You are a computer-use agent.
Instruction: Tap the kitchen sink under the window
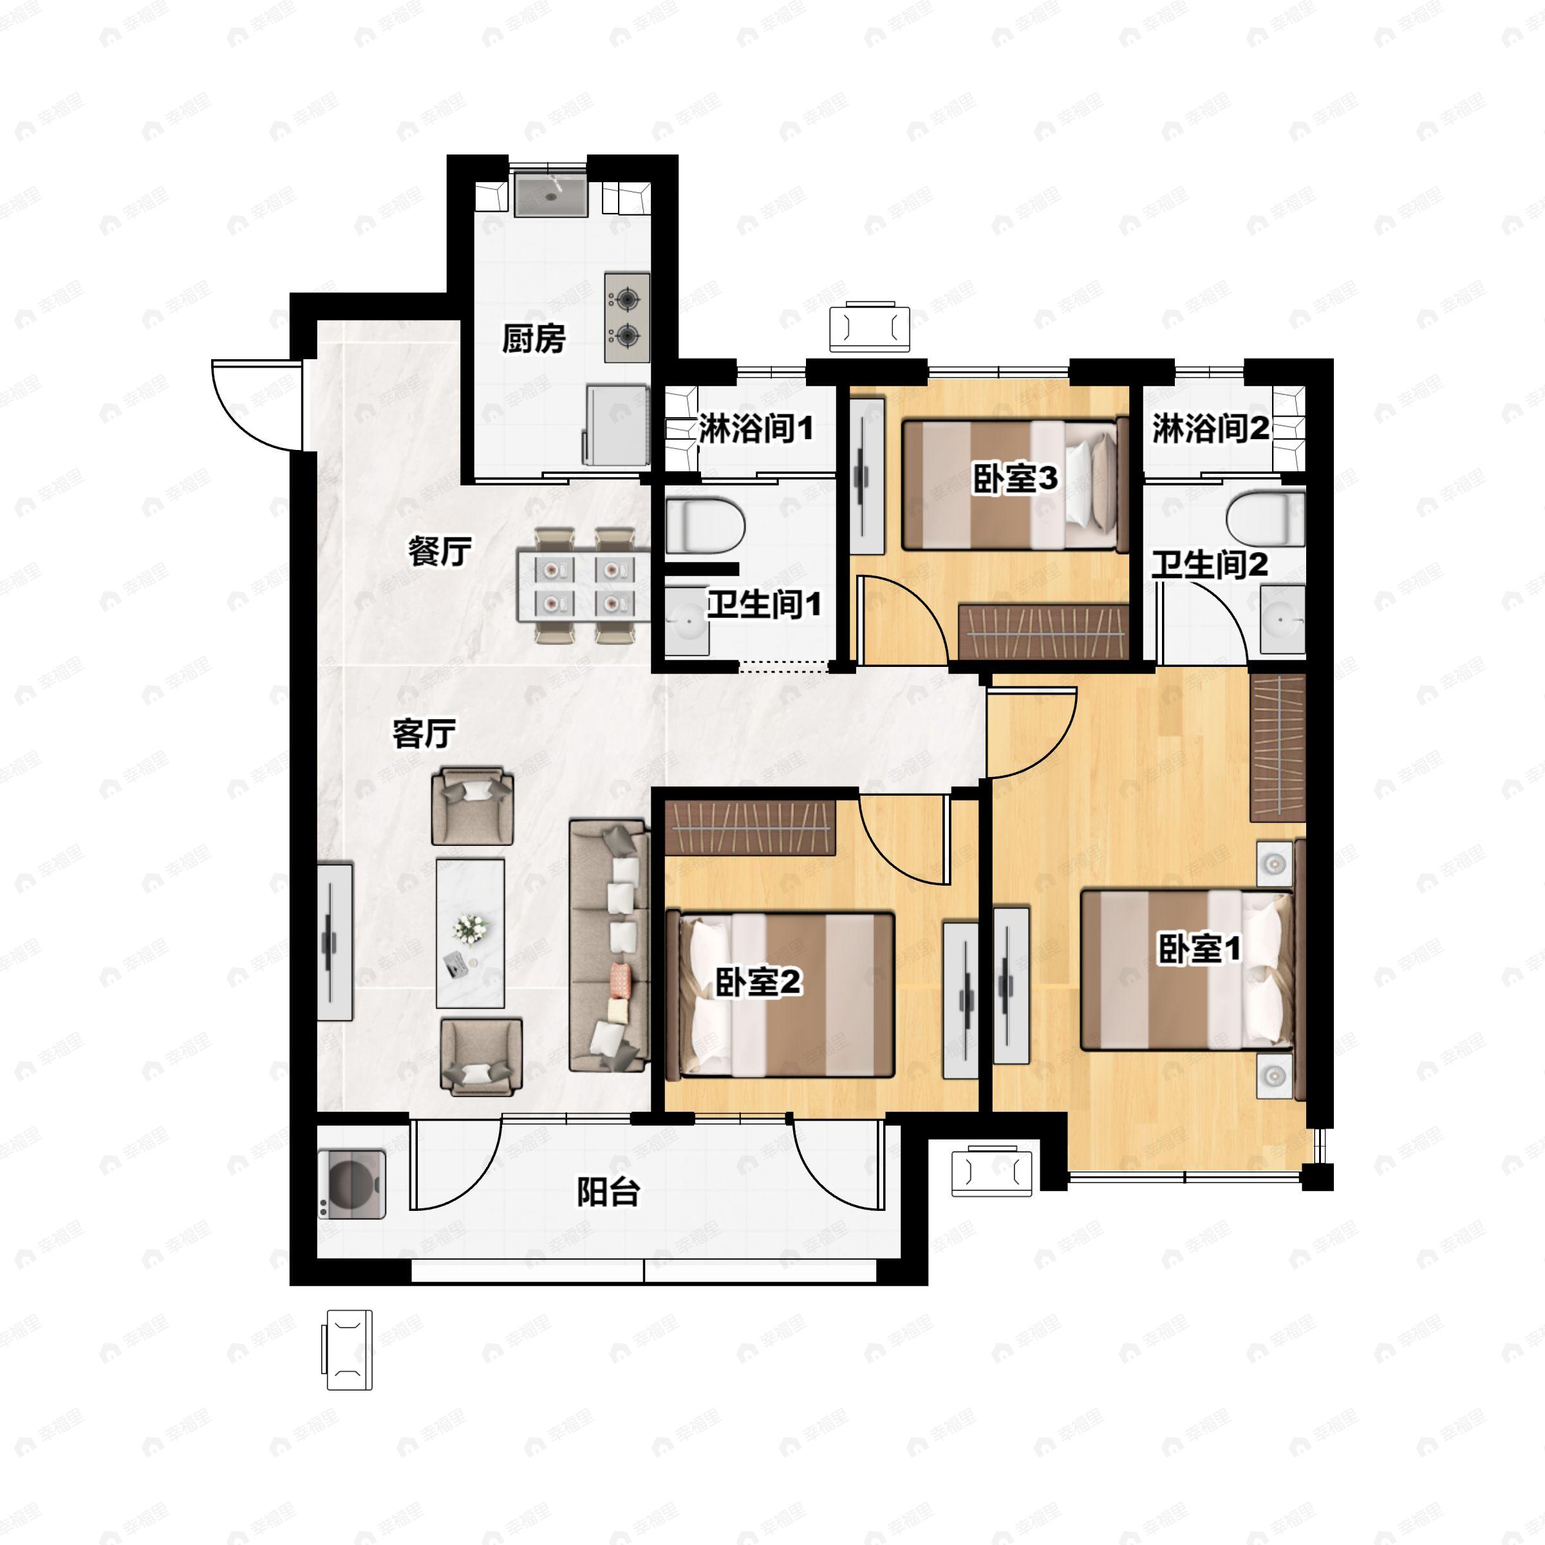click(x=551, y=194)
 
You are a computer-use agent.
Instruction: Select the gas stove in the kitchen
click(x=627, y=317)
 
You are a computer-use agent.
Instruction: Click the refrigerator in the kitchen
click(x=617, y=425)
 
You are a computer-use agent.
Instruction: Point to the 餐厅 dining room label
click(x=440, y=551)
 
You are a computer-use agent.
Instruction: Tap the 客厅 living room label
click(x=424, y=733)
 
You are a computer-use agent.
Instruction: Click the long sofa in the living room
click(x=610, y=944)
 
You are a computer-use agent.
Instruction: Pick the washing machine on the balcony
click(x=352, y=1184)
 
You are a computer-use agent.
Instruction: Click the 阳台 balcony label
click(x=608, y=1192)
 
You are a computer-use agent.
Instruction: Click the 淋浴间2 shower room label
click(x=1210, y=429)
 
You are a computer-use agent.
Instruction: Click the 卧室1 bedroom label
click(x=1199, y=950)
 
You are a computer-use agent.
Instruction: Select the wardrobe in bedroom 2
click(x=750, y=827)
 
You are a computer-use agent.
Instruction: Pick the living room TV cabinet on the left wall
click(x=335, y=941)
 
